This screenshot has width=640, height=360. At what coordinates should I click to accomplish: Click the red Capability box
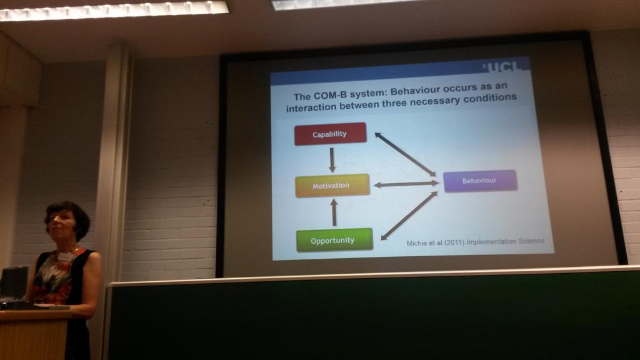[x=330, y=134]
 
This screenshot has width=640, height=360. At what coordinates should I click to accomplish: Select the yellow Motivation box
[x=332, y=186]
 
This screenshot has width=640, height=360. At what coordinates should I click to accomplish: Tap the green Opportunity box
[x=334, y=240]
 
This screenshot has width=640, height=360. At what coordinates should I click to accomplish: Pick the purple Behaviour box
[x=480, y=181]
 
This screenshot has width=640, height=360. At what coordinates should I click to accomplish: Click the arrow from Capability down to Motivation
[x=332, y=159]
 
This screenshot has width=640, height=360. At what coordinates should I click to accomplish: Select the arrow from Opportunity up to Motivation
[x=334, y=212]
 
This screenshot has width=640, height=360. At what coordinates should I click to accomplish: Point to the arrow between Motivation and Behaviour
[x=406, y=184]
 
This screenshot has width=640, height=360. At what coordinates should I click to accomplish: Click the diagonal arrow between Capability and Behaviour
[x=405, y=154]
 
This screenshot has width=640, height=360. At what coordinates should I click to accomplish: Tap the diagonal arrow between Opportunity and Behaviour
[x=409, y=216]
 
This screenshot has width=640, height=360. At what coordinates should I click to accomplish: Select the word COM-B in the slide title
[x=329, y=97]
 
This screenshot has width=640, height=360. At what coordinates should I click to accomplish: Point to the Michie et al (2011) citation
[x=436, y=242]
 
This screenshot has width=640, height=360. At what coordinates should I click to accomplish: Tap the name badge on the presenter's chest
[x=66, y=256]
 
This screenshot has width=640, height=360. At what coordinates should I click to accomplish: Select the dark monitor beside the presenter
[x=14, y=282]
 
